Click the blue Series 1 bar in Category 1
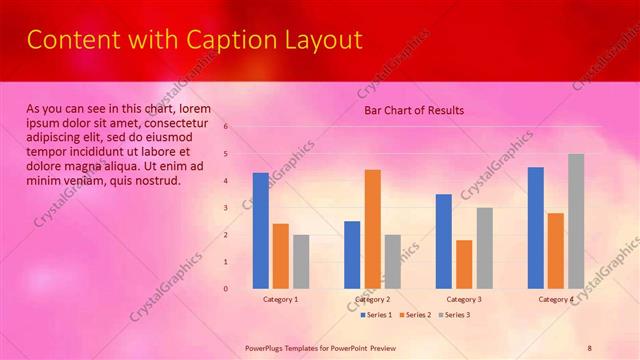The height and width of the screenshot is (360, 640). [260, 230]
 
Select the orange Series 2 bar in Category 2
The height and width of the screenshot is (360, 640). [372, 228]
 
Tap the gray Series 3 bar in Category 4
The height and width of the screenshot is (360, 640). [576, 221]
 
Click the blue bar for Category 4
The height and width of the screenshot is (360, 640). [536, 227]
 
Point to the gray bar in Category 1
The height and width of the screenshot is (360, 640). [301, 261]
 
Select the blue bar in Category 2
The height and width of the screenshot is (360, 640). [352, 254]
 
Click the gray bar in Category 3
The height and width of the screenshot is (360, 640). [484, 247]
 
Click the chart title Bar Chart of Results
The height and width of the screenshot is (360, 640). [413, 110]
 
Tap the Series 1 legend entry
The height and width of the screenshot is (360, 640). [376, 315]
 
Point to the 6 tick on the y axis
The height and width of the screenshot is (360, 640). [227, 127]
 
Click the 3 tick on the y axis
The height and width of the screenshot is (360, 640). [227, 208]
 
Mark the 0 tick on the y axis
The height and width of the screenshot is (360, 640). [227, 289]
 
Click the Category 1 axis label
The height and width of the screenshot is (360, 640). [281, 299]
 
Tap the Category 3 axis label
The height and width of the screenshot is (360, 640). [464, 299]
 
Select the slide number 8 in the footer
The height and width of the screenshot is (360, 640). [589, 347]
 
